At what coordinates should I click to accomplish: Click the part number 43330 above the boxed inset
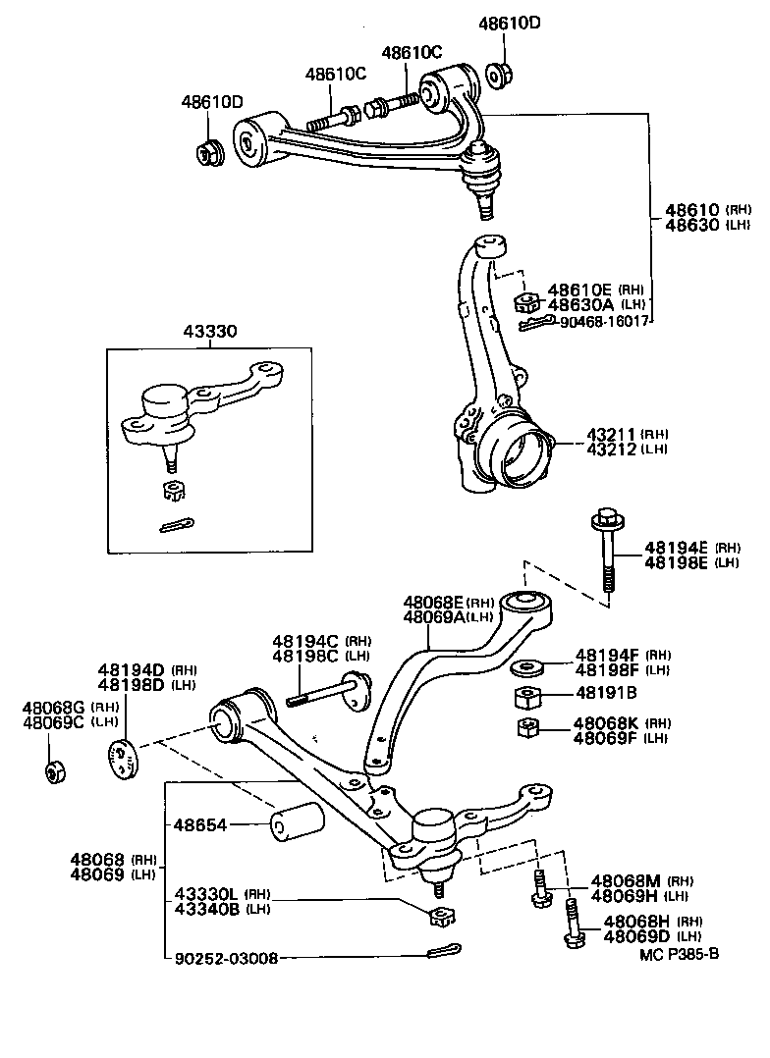click(208, 334)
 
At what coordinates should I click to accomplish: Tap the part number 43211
click(612, 434)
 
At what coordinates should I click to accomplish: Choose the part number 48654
click(200, 826)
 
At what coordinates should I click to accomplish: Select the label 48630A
click(579, 304)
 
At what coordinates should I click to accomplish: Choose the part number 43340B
click(207, 909)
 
